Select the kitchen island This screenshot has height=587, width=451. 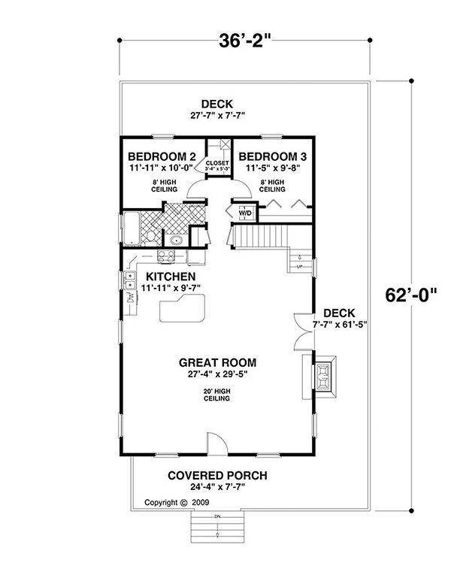click(180, 308)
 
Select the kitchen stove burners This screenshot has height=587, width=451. click(165, 257)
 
